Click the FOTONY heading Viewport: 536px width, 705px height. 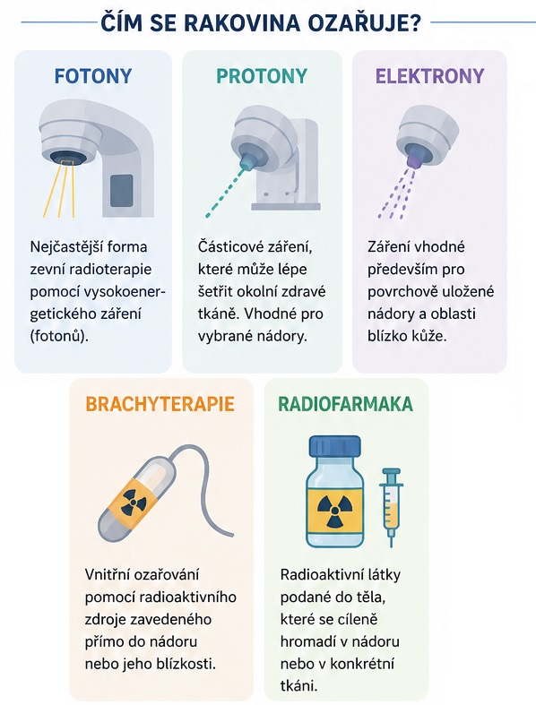point(93,76)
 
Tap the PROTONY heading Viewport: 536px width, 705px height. point(262,76)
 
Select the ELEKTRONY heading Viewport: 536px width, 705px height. point(430,76)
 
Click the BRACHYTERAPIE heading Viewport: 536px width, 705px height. point(160,404)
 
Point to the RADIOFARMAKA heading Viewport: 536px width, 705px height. point(346,404)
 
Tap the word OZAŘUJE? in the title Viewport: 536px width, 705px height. point(365,22)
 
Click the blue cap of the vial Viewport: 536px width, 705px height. point(335,445)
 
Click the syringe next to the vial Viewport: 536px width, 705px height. point(391,506)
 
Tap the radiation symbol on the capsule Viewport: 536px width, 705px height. point(134,502)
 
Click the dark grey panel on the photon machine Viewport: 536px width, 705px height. point(122,191)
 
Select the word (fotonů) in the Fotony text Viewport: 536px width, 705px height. point(58,336)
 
